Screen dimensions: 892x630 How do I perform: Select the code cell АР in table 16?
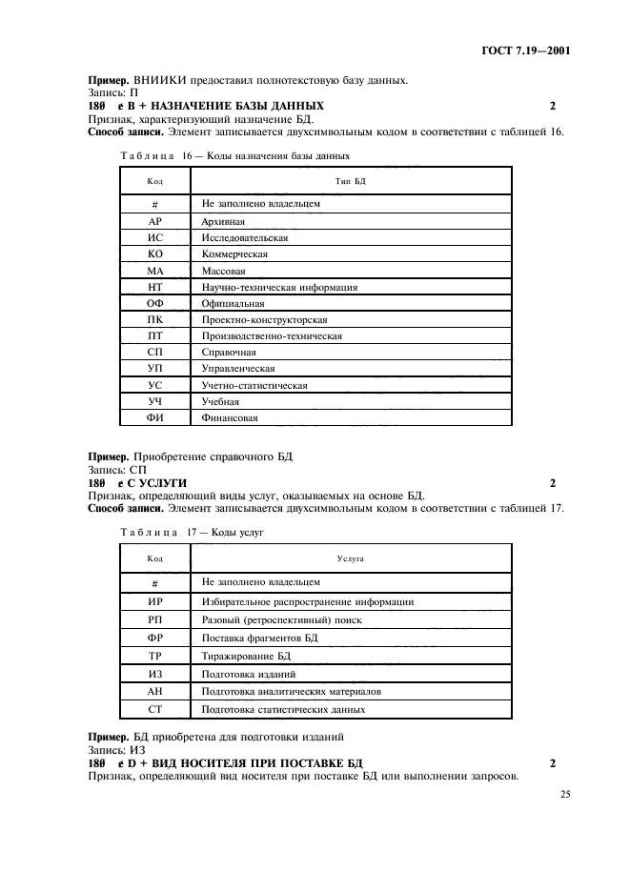tap(154, 220)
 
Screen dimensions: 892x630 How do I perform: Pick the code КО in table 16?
tap(154, 254)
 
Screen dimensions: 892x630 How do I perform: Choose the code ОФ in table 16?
tap(154, 303)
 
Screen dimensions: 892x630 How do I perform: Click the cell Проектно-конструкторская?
tap(264, 319)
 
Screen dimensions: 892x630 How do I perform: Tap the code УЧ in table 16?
tap(154, 401)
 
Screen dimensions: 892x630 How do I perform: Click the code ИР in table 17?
tap(154, 602)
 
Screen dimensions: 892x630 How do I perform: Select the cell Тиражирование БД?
tap(246, 656)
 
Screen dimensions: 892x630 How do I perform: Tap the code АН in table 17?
tap(154, 691)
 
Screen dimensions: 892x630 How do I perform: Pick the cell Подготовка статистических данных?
tap(283, 709)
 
